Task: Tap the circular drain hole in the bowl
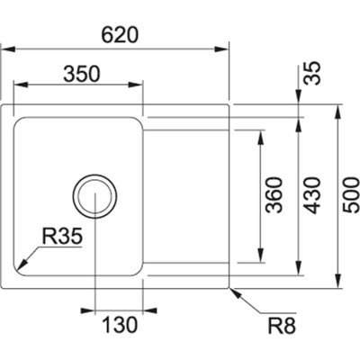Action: click(94, 193)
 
